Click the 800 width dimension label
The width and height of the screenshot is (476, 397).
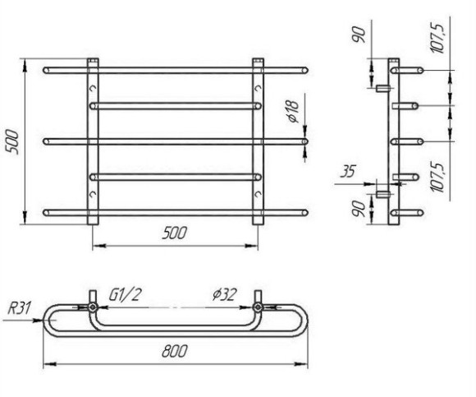point(174,351)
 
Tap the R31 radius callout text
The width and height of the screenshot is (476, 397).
point(19,308)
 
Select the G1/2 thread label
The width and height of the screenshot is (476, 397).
point(126,294)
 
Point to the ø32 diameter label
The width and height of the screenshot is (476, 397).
point(224,294)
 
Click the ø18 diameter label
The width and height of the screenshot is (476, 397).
point(294,111)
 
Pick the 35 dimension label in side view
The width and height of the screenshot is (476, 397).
point(347,172)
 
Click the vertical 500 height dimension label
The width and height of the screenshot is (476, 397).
point(13,141)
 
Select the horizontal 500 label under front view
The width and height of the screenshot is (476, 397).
point(174,233)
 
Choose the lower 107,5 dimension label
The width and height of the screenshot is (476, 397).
point(437,178)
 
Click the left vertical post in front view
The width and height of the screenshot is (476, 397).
point(93,141)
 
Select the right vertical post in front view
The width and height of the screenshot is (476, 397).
point(258,141)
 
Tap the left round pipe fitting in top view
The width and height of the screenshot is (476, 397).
point(93,307)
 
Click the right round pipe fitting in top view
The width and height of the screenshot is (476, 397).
point(258,307)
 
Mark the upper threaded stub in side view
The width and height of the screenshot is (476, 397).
point(382,89)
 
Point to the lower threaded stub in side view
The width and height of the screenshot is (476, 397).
point(382,194)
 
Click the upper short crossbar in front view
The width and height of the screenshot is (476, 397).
point(176,106)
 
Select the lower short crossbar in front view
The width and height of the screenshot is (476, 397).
point(176,177)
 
